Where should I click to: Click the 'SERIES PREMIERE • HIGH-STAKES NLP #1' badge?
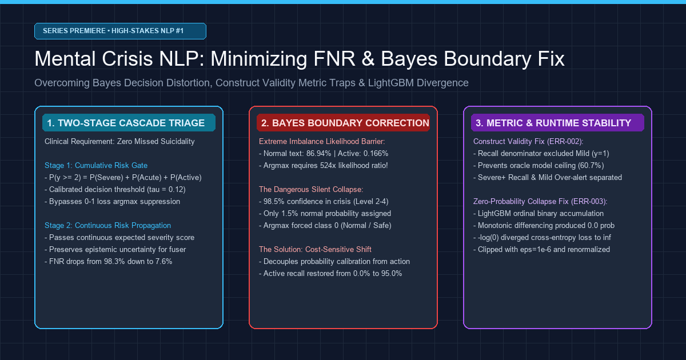coord(120,31)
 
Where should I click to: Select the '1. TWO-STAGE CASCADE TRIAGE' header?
coord(129,123)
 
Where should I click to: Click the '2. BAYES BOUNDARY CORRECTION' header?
coord(343,123)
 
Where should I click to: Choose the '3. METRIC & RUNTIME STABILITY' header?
coord(557,123)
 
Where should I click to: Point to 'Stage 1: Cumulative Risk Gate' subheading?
coord(96,165)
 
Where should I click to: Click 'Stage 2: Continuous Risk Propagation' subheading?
coord(107,226)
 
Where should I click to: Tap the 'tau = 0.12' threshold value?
coord(165,190)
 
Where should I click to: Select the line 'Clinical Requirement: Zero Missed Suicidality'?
coord(119,142)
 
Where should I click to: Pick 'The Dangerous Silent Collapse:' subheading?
coord(311,190)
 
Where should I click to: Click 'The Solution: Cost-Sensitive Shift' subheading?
coord(315,250)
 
